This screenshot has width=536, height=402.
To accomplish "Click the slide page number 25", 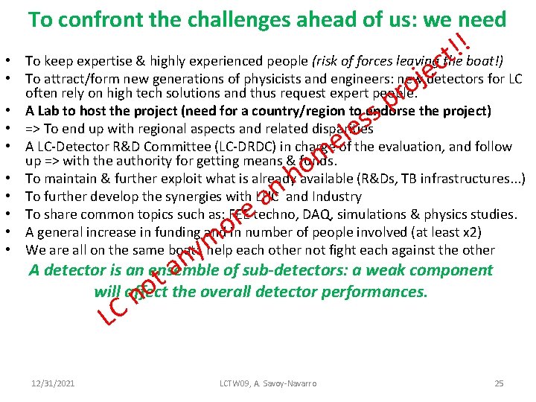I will coord(499,383).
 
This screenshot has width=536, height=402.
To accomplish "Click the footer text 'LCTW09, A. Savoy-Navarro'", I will coord(268,383).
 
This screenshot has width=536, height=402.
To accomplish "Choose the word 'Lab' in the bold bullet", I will coord(47,112).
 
